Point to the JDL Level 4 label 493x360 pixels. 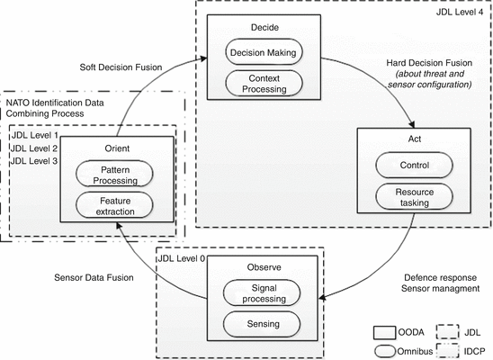pos(457,12)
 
